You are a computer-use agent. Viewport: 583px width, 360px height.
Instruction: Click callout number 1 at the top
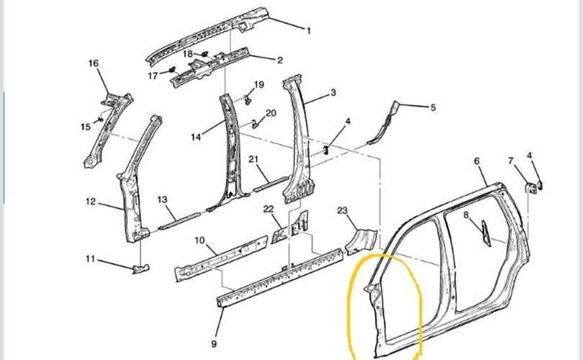[x=309, y=30]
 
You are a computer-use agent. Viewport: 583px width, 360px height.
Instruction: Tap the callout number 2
[x=280, y=60]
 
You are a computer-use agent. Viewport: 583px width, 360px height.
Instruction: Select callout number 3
[x=333, y=93]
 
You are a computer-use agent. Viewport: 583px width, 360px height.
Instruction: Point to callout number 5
[x=433, y=108]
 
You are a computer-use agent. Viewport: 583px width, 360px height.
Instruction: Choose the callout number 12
[x=91, y=202]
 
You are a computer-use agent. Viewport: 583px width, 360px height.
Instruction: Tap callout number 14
[x=195, y=135]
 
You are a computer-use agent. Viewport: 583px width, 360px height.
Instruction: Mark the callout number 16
[x=94, y=63]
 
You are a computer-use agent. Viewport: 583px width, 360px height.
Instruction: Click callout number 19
[x=259, y=84]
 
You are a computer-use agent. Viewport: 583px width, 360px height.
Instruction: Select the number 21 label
[x=253, y=159]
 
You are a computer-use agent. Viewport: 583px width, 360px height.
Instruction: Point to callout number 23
[x=343, y=210]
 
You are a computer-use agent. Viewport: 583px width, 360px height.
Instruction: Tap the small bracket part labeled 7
[x=533, y=187]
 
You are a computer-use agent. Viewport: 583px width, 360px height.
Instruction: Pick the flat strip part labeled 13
[x=180, y=219]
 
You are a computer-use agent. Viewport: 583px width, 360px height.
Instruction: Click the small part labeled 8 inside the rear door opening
[x=485, y=230]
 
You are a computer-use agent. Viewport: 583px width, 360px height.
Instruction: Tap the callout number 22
[x=268, y=209]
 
